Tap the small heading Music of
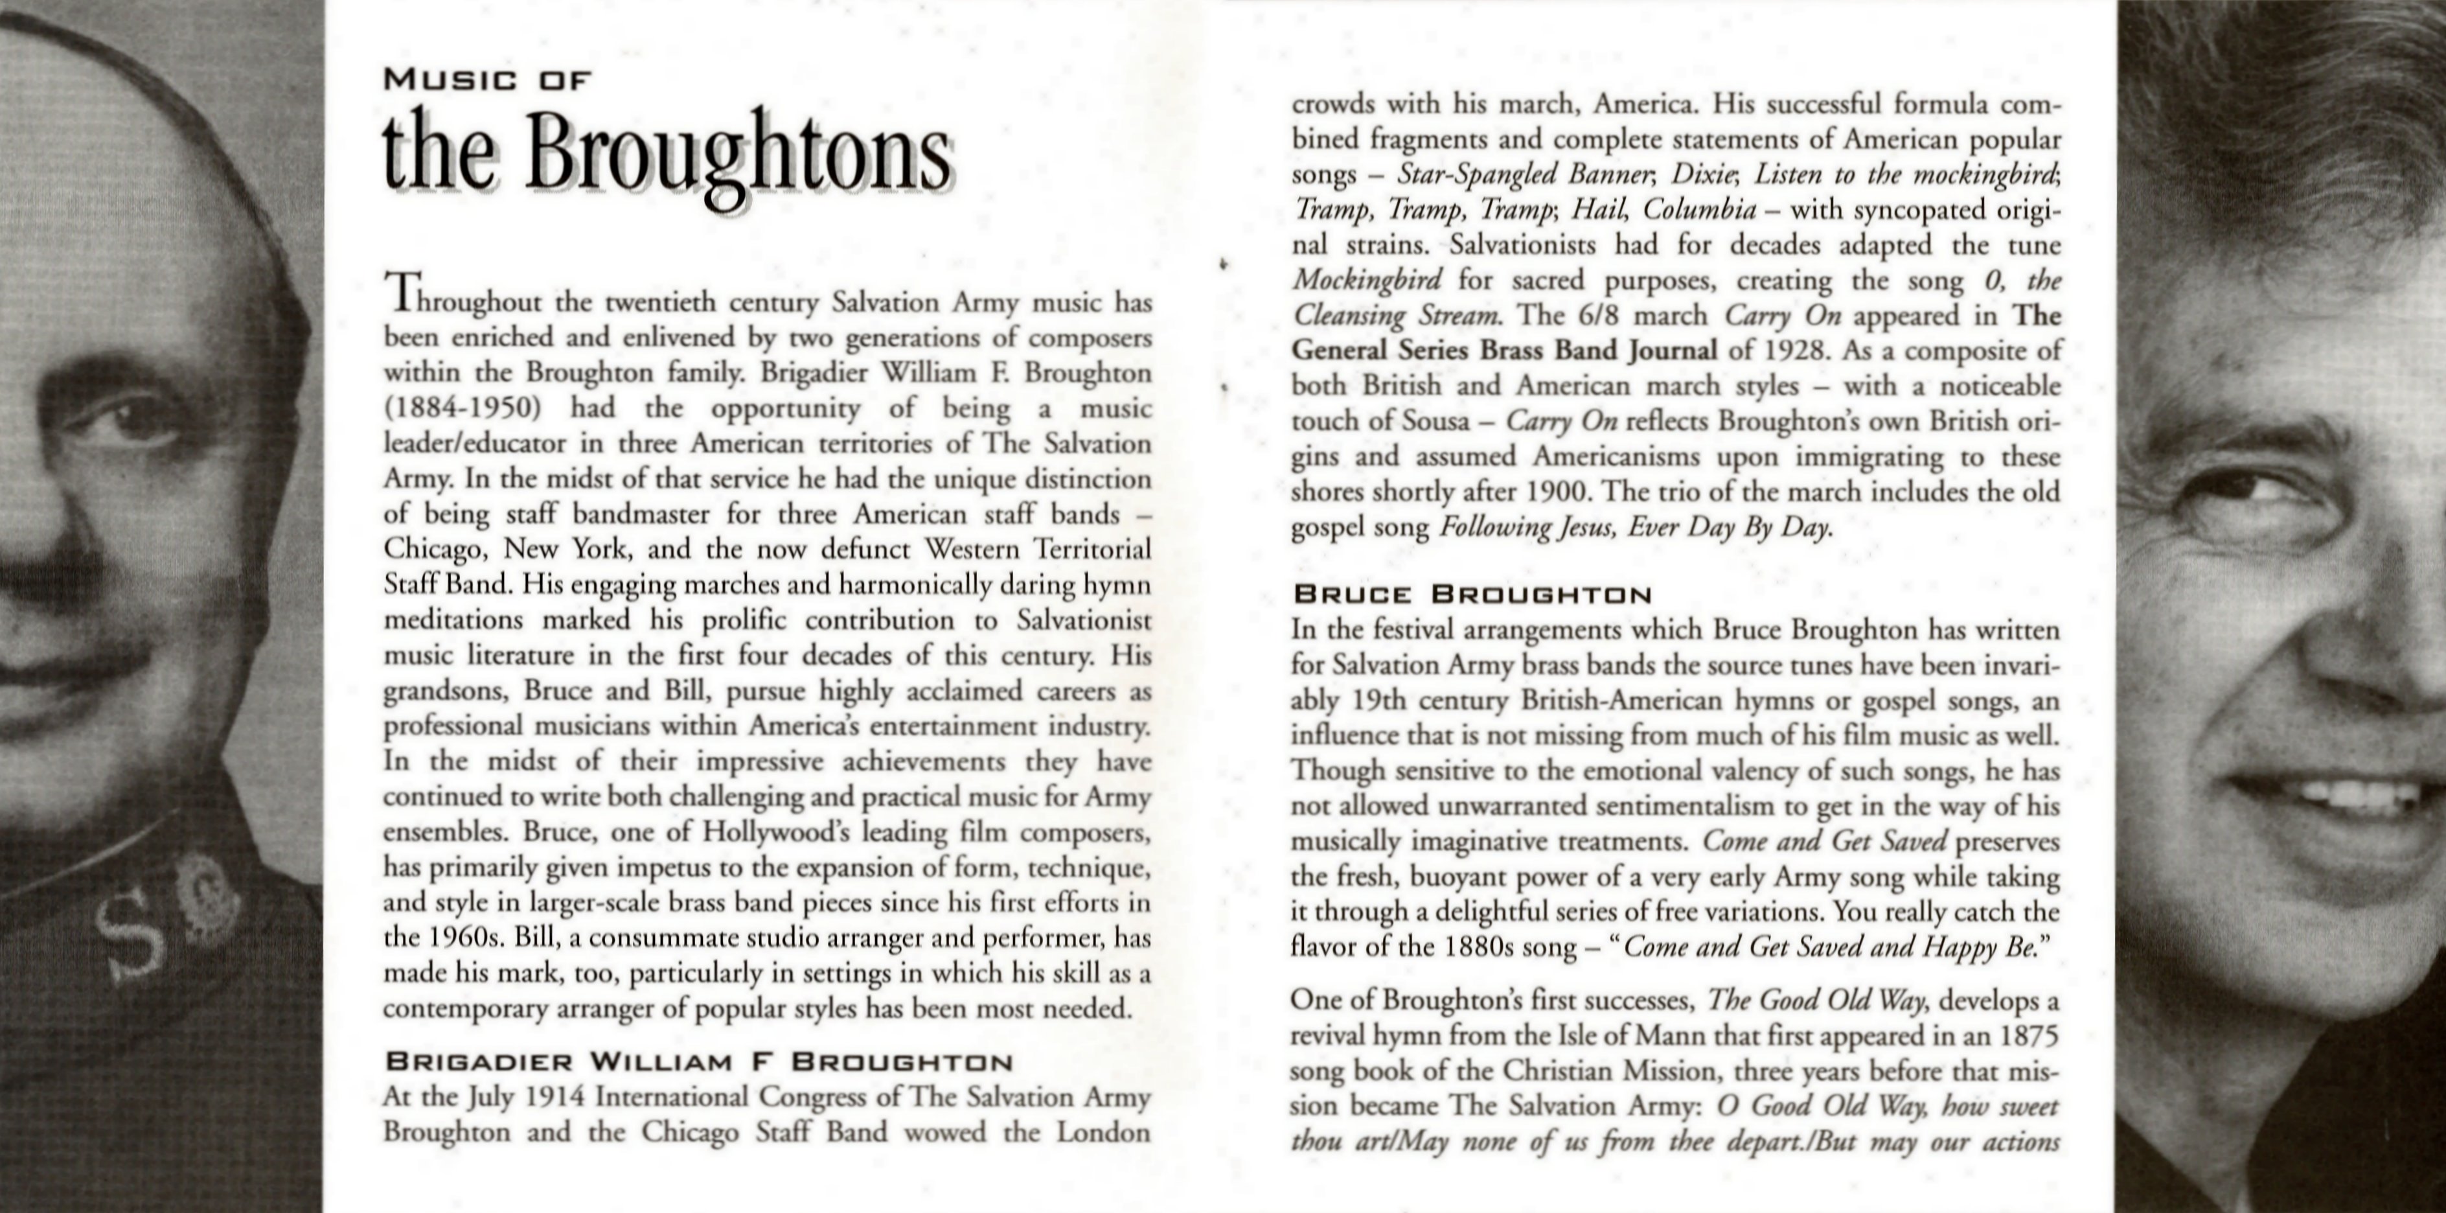[487, 81]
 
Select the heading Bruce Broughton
[1472, 595]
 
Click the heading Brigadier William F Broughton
[698, 1062]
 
